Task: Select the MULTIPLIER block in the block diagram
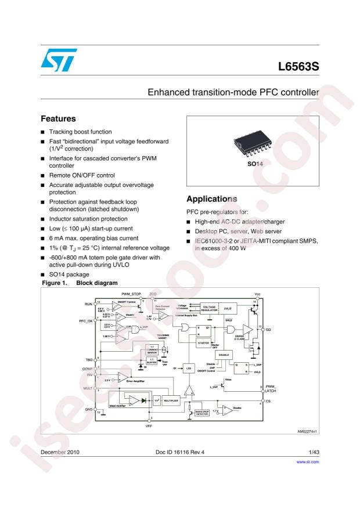coord(174,400)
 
